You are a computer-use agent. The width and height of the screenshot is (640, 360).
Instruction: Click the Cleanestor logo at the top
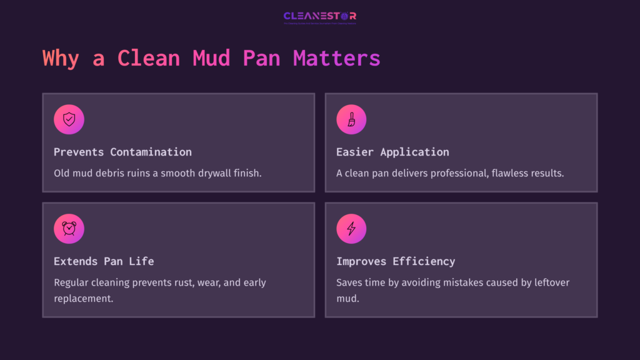tap(319, 17)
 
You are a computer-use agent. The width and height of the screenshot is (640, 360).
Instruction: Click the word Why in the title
tap(61, 58)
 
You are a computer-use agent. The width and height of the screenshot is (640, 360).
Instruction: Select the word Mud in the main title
tap(211, 58)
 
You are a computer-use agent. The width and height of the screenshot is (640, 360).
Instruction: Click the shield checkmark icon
tap(69, 119)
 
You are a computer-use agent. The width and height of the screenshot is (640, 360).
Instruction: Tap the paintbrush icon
tap(351, 119)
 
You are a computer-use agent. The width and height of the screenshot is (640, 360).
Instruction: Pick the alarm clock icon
tap(69, 229)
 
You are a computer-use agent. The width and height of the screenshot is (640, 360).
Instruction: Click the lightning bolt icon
tap(351, 229)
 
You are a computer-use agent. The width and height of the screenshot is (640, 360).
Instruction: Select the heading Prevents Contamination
tap(122, 152)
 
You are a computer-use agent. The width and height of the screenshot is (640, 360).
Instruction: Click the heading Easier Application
tap(392, 152)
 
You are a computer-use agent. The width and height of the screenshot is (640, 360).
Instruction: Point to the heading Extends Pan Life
tap(104, 261)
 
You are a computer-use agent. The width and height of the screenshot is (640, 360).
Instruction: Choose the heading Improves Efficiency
tap(396, 261)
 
